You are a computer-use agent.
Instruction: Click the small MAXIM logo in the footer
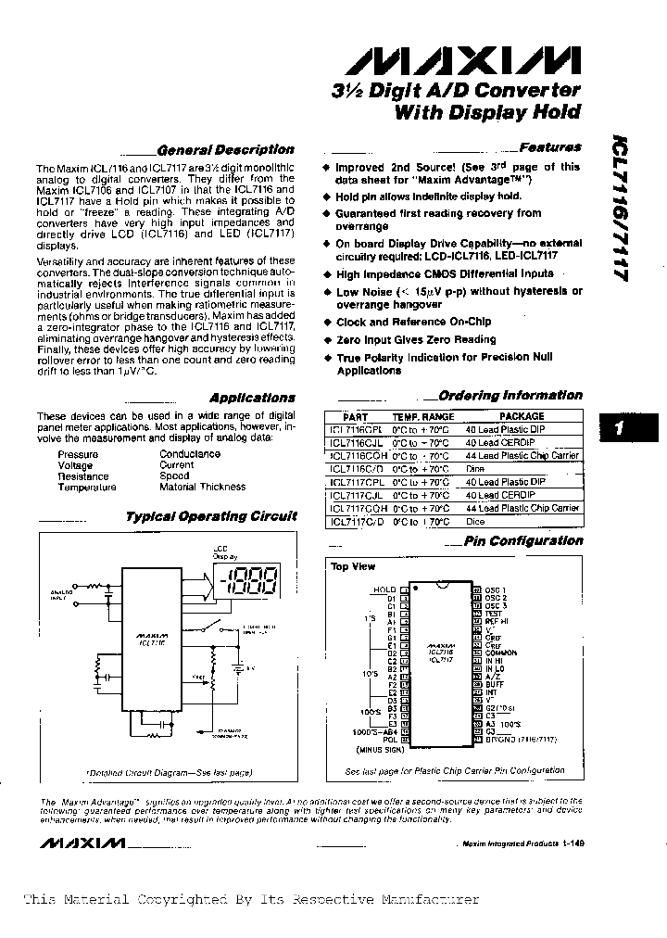pyautogui.click(x=82, y=843)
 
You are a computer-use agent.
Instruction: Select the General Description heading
pyautogui.click(x=225, y=149)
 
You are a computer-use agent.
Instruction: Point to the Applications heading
pyautogui.click(x=252, y=397)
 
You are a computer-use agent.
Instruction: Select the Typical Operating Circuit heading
pyautogui.click(x=211, y=516)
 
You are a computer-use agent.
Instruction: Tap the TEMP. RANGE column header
pyautogui.click(x=423, y=417)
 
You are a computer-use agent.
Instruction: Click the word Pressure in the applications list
pyautogui.click(x=77, y=454)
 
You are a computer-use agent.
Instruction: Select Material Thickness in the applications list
pyautogui.click(x=202, y=487)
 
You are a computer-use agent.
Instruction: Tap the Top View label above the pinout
pyautogui.click(x=353, y=566)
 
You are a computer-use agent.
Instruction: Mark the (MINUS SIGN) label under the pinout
pyautogui.click(x=373, y=749)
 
